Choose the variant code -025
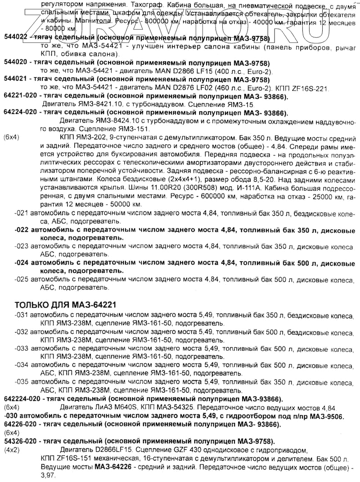21,279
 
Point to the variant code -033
21,349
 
